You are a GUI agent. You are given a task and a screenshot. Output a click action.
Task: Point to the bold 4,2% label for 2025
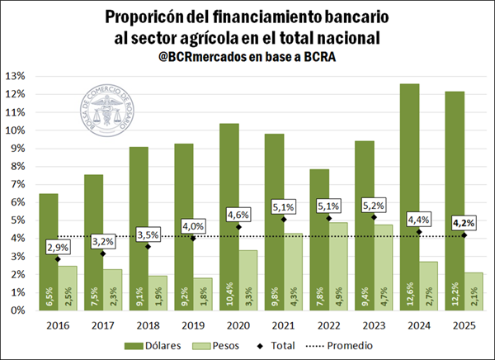click(464, 222)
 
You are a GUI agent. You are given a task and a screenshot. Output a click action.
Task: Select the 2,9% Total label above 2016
click(57, 247)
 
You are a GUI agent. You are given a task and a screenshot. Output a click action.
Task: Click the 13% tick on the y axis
click(16, 77)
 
